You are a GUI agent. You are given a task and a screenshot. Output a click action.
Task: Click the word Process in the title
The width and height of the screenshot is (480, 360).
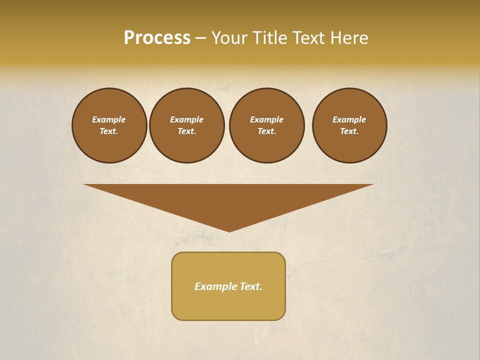click(157, 38)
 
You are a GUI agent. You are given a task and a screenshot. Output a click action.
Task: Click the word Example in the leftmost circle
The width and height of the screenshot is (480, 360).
click(109, 119)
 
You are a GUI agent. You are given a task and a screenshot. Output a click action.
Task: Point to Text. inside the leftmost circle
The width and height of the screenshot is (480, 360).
click(109, 131)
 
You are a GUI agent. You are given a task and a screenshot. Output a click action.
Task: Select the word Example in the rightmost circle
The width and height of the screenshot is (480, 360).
click(349, 119)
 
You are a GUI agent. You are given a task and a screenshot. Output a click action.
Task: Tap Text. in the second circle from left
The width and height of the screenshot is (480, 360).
click(186, 131)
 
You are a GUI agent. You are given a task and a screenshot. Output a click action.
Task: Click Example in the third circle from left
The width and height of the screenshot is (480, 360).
click(266, 119)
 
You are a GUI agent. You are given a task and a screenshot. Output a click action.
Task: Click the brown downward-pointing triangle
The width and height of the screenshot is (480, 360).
click(228, 200)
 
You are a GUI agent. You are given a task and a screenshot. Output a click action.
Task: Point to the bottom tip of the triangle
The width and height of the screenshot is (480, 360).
click(229, 231)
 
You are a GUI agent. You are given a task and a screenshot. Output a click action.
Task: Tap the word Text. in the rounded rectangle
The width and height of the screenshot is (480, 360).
click(250, 286)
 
